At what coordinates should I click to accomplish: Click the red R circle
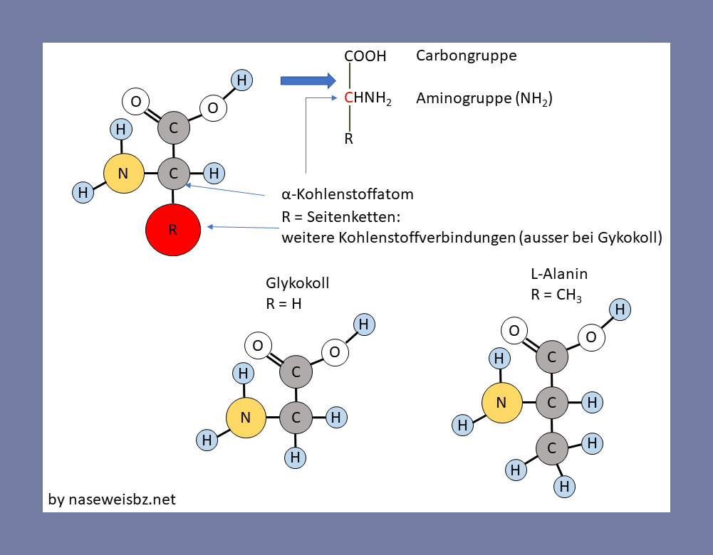click(173, 231)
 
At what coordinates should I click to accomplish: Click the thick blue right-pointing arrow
click(307, 80)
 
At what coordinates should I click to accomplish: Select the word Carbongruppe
click(466, 55)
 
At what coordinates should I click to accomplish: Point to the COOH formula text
click(365, 56)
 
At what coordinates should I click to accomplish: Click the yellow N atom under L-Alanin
click(501, 403)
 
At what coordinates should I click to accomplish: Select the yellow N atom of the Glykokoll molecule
click(246, 418)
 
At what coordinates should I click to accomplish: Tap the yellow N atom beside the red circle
click(123, 173)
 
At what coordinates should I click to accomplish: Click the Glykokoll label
click(297, 283)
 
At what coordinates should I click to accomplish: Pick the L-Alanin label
click(559, 274)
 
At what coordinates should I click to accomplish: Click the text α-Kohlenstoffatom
click(348, 194)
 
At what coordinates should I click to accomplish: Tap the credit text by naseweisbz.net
click(112, 499)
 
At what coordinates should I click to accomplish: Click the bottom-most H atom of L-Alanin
click(565, 486)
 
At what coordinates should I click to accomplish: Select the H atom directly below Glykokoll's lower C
click(295, 456)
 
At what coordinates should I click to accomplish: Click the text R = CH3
click(556, 295)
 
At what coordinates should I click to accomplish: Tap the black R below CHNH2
click(349, 139)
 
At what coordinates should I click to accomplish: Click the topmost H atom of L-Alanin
click(620, 309)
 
